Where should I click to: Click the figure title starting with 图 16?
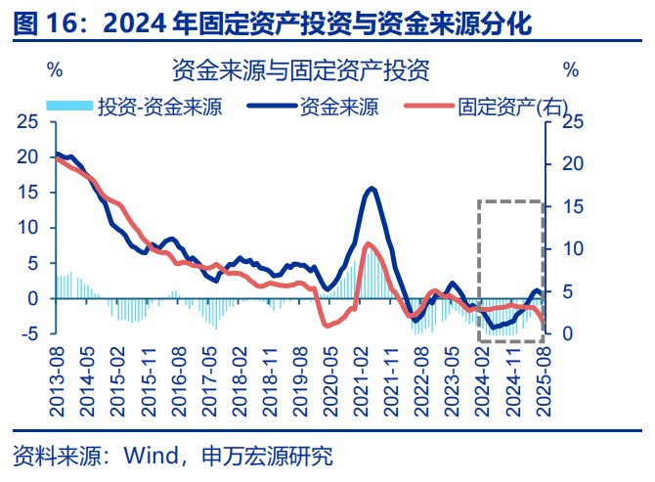pyautogui.click(x=274, y=22)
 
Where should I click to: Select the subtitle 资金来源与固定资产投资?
pyautogui.click(x=300, y=70)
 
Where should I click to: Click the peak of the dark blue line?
pyautogui.click(x=372, y=189)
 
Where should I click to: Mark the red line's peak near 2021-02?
pyautogui.click(x=368, y=243)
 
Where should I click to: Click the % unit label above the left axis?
pyautogui.click(x=56, y=70)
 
